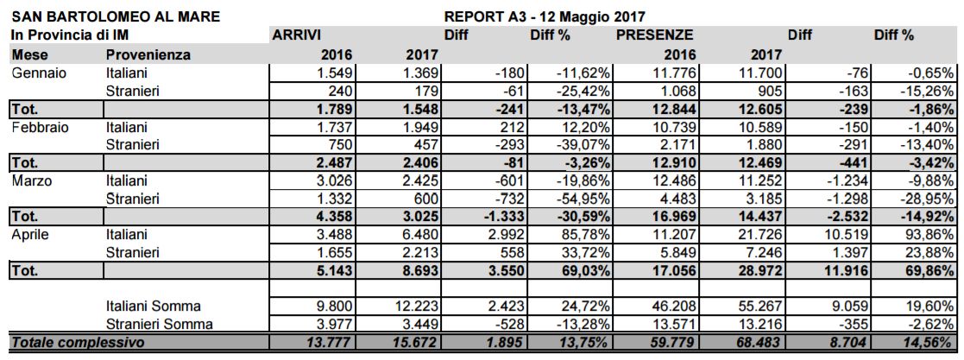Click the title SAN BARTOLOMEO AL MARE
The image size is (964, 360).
[x=115, y=16]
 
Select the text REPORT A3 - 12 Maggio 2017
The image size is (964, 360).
[x=545, y=16]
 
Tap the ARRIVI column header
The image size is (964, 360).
[x=297, y=35]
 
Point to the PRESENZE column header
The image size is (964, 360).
[x=654, y=35]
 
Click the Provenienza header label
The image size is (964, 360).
[x=148, y=54]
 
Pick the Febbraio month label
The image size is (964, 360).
[x=40, y=127]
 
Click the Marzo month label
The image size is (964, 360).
[x=33, y=180]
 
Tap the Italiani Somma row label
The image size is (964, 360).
[x=153, y=306]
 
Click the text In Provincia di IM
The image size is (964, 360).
[x=69, y=35]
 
